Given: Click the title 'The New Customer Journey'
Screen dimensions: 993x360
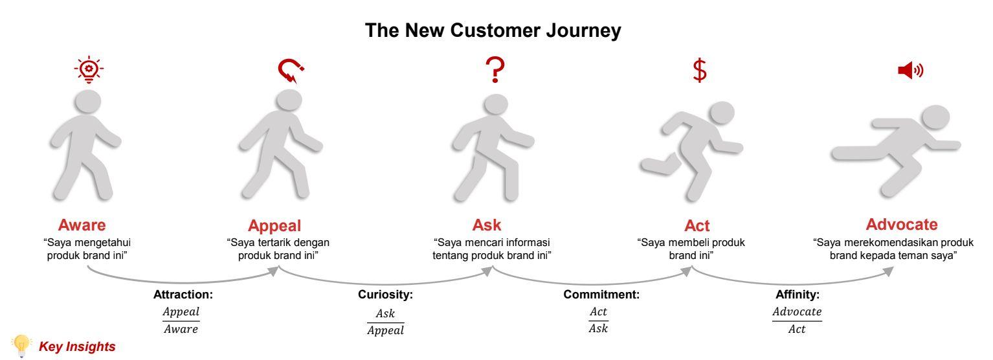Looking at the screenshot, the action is (493, 30).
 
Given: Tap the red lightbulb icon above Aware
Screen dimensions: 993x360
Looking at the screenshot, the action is (89, 70).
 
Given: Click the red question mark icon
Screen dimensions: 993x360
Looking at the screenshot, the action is (495, 70).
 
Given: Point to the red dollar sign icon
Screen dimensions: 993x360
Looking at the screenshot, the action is (700, 71).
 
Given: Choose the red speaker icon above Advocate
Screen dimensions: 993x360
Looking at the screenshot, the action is (910, 70).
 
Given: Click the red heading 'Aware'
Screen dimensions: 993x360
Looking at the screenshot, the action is (82, 225).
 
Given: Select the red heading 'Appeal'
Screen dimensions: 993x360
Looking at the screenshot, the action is (274, 226).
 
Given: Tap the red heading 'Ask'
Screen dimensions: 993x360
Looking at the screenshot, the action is (487, 225).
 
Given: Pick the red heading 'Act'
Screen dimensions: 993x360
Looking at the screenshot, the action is (697, 226).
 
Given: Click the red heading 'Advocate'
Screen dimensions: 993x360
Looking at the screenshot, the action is (902, 224).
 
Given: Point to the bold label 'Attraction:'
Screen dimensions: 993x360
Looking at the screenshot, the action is (183, 295).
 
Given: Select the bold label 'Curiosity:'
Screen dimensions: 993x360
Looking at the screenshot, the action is (385, 295).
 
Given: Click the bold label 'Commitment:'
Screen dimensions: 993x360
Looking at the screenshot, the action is (601, 295).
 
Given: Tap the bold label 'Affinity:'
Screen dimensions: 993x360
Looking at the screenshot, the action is (798, 295).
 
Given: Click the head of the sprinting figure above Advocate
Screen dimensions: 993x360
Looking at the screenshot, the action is (935, 117).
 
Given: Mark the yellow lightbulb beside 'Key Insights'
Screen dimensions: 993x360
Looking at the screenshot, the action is (21, 346).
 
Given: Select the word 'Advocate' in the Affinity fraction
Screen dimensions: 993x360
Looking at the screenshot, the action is (797, 311).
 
